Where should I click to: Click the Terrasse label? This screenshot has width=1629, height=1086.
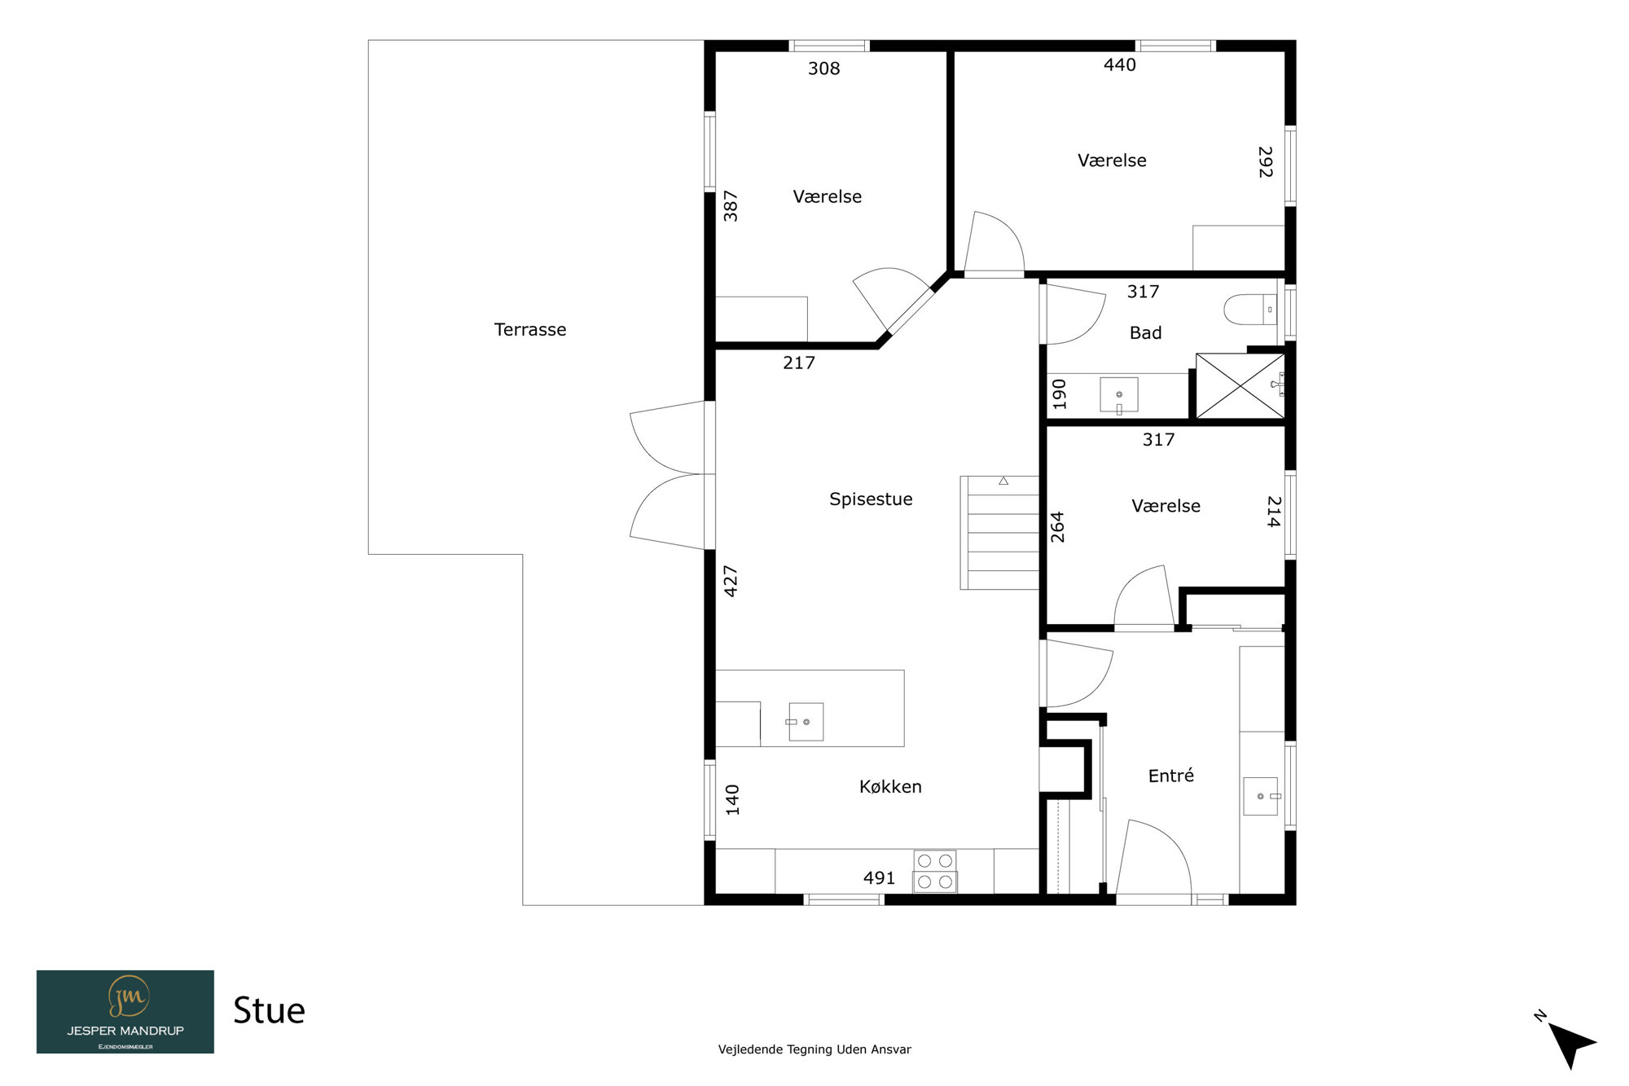529,329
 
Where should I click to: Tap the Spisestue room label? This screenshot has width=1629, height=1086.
871,499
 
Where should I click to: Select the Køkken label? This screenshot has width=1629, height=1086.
890,786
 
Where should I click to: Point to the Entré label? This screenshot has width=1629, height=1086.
1171,775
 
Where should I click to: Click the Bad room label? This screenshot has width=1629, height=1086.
1145,332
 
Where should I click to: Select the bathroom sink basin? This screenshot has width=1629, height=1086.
1119,395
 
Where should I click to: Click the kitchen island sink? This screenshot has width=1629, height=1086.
806,722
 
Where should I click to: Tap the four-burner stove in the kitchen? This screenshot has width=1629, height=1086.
935,871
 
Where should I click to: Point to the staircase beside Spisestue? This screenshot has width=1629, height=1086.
999,533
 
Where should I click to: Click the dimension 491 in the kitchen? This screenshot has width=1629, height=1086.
879,878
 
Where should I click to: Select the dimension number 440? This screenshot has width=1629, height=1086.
1119,64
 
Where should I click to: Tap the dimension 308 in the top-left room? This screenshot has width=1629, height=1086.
823,68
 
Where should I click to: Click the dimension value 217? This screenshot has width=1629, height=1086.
798,363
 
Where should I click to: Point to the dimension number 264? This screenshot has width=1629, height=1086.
1057,527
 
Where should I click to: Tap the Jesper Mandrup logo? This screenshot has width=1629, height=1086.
125,1012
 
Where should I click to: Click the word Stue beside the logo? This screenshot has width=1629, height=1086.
269,1010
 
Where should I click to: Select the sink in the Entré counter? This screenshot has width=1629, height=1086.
1261,796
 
